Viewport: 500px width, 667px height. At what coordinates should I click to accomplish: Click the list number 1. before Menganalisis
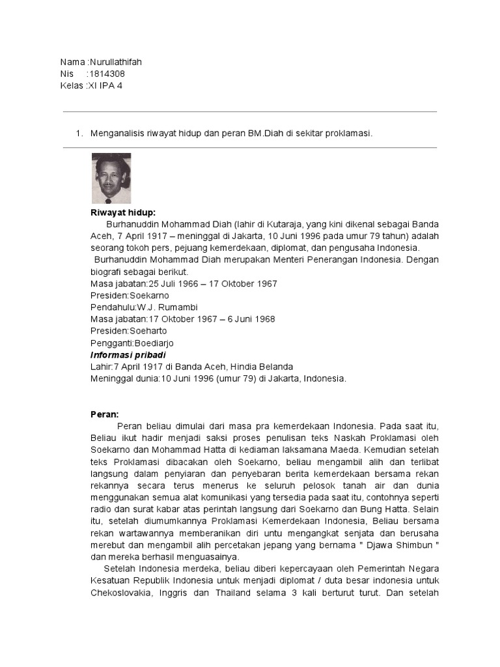tap(79, 134)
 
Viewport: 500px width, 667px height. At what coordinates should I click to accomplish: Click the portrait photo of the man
tap(111, 178)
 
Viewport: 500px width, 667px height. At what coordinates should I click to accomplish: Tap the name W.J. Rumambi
tap(167, 307)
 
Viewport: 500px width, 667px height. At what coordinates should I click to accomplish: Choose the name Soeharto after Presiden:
tap(148, 331)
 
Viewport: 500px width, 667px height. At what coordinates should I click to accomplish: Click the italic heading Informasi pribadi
tap(128, 354)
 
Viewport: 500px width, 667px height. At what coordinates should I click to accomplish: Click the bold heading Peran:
tap(104, 413)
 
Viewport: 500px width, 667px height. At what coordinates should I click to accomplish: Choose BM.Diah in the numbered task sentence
tap(264, 134)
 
